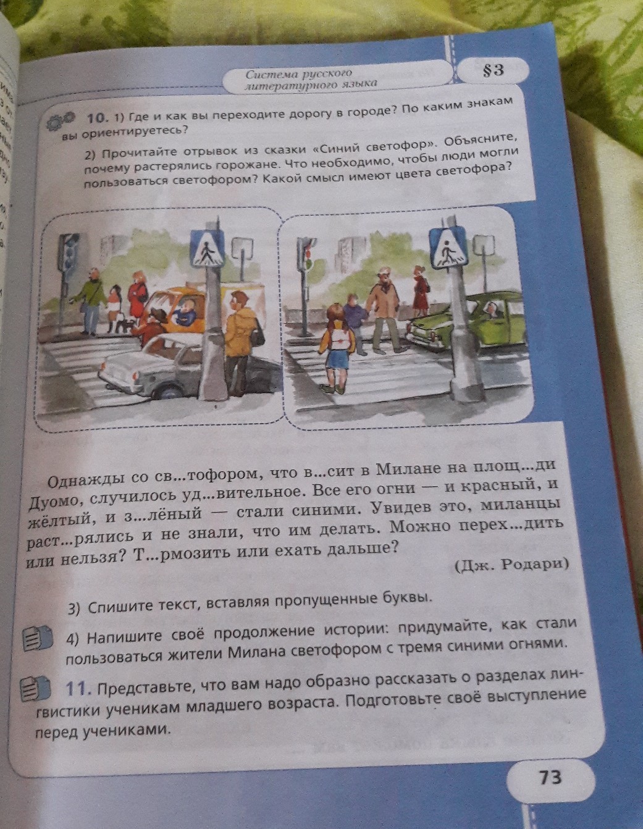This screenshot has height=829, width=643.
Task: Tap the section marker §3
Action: coord(494,70)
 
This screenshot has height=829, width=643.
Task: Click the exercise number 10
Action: coord(97,119)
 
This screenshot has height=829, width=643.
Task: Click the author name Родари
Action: coord(537,564)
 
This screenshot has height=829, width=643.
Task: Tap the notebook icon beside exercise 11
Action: coord(37,689)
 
